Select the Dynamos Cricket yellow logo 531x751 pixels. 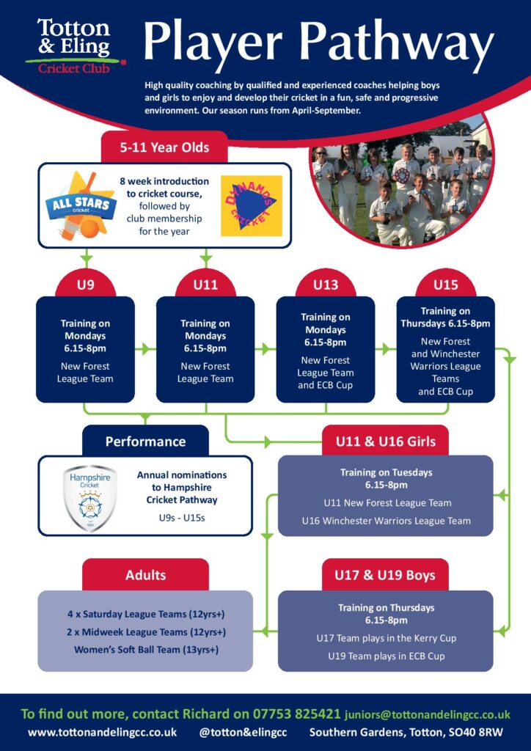pos(252,206)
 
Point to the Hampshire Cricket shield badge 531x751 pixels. pos(90,498)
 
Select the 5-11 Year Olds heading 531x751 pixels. pos(164,147)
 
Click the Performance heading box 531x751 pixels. pos(145,441)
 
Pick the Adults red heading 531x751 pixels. pos(145,575)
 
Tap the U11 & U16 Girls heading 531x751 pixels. pos(386,441)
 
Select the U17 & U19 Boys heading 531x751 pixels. pos(386,575)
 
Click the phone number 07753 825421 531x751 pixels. pos(297,714)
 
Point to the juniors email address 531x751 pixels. pos(428,715)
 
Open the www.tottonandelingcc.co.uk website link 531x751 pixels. pos(102,733)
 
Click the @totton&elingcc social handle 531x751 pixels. pos(243,733)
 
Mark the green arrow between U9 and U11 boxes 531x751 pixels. pos(143,350)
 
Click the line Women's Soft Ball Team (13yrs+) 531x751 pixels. pos(146,650)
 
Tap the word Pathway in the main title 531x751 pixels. pos(396,43)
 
